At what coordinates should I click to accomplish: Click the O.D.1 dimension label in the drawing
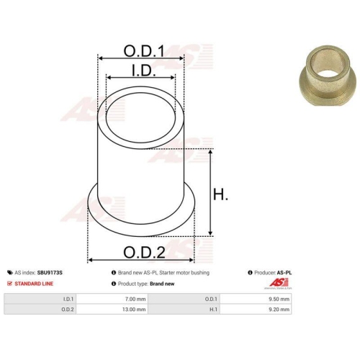144,51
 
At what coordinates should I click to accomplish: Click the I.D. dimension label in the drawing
144,70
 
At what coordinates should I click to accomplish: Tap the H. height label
220,194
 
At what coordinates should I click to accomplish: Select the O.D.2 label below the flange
144,252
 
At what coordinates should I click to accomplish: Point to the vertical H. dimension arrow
210,192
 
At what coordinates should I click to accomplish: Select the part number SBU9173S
50,273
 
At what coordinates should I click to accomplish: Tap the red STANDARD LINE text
34,284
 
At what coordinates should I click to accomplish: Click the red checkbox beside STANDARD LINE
9,284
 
